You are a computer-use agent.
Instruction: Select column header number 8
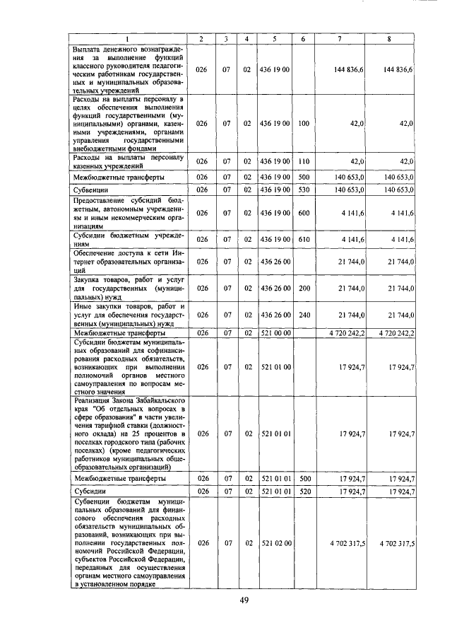[x=389, y=38]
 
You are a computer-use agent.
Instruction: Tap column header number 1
[x=128, y=38]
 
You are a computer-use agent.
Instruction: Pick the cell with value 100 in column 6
[x=304, y=123]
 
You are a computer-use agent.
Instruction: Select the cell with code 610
[x=304, y=240]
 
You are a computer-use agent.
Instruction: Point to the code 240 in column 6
[x=304, y=315]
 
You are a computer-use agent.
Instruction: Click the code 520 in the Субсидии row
[x=304, y=491]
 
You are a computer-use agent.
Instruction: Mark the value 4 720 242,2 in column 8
[x=396, y=332]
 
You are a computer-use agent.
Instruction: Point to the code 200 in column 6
[x=304, y=289]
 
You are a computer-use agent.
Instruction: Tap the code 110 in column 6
[x=304, y=161]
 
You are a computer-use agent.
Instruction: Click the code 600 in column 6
[x=304, y=213]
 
